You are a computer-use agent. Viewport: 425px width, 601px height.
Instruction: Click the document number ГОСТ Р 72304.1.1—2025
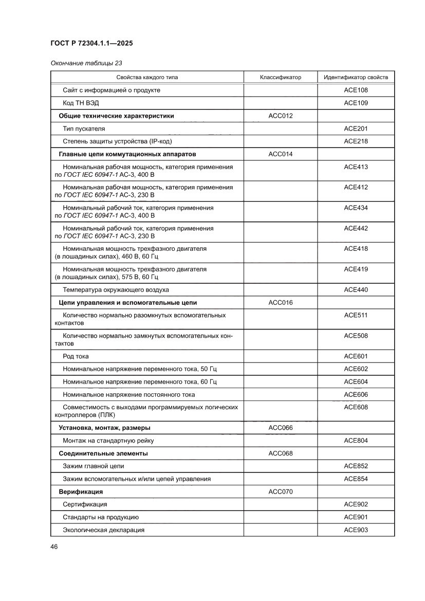(x=92, y=44)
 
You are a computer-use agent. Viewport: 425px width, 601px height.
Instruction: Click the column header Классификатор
(x=280, y=77)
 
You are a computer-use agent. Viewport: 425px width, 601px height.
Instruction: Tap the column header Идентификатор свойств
(x=356, y=77)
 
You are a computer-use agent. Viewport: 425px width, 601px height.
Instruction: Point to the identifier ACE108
(x=356, y=90)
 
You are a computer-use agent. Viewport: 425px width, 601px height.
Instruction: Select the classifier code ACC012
(x=280, y=116)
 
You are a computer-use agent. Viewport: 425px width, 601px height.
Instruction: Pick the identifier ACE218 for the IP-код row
(x=356, y=141)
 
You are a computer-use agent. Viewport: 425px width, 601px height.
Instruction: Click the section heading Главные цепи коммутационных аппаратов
(x=127, y=154)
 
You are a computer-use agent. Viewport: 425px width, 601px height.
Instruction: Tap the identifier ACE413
(x=356, y=167)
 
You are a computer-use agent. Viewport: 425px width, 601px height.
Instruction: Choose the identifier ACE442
(x=356, y=228)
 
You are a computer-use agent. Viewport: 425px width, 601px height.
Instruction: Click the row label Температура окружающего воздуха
(x=116, y=290)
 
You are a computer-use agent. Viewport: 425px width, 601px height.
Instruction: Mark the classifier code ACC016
(x=280, y=303)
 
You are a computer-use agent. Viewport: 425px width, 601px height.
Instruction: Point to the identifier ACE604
(x=356, y=382)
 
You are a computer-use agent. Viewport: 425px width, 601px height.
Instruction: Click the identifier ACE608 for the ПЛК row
(x=356, y=407)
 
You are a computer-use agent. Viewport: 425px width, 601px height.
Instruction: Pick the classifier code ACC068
(x=280, y=453)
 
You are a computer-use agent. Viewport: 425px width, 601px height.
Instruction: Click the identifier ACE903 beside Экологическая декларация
(x=356, y=530)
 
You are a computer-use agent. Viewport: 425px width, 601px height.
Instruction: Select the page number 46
(x=54, y=547)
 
